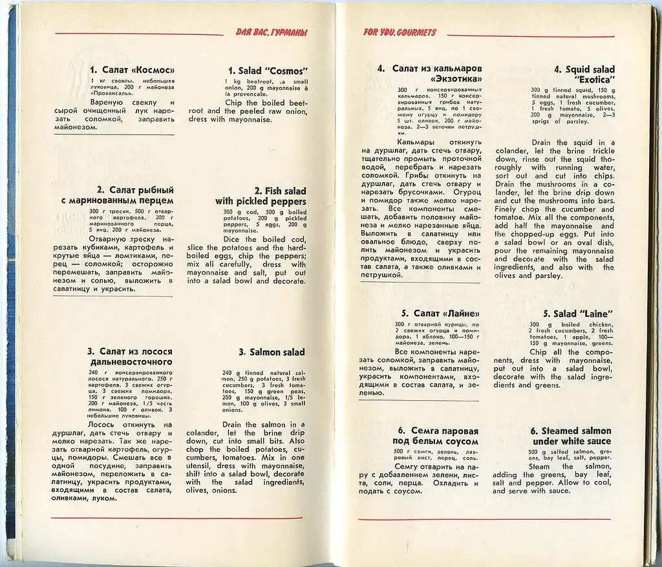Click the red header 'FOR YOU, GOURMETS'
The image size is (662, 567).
click(x=400, y=32)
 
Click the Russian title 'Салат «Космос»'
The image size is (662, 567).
click(x=138, y=70)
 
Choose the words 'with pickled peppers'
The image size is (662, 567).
click(x=261, y=202)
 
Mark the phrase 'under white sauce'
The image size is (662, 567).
click(x=572, y=441)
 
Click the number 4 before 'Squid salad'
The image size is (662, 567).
click(x=557, y=70)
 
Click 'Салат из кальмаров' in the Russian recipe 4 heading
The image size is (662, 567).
click(x=438, y=69)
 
